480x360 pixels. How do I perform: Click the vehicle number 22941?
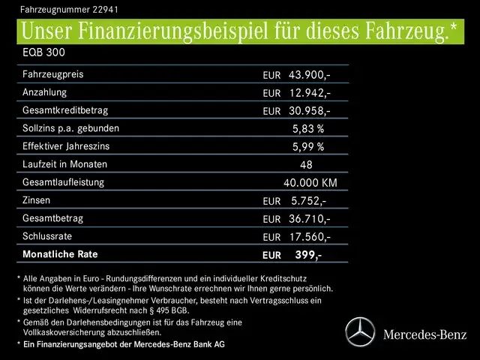click(104, 10)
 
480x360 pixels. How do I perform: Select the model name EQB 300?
click(43, 55)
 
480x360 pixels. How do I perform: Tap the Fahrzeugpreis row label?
click(52, 74)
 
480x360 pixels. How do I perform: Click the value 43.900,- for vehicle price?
click(310, 75)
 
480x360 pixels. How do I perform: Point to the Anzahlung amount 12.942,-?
click(310, 93)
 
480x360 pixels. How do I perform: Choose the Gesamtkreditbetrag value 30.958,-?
click(310, 111)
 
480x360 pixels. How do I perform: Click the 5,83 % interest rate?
click(308, 129)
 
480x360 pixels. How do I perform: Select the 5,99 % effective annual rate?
click(308, 147)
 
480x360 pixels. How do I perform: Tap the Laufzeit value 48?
click(305, 165)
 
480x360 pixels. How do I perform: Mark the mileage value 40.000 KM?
click(310, 183)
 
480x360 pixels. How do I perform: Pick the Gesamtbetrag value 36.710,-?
click(310, 219)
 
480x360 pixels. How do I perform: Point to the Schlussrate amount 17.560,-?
click(310, 237)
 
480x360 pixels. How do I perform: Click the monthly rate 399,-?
click(308, 255)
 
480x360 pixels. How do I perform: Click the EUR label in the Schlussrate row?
click(271, 237)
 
